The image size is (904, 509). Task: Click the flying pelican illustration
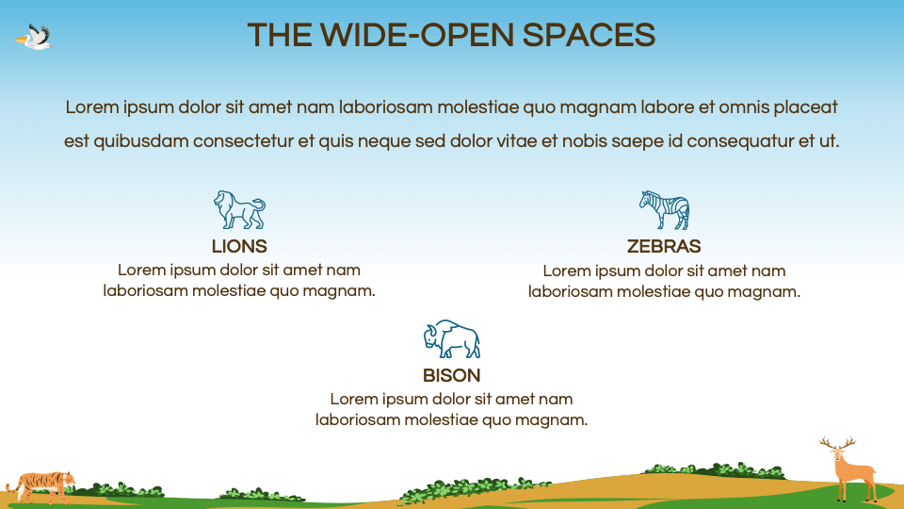pyautogui.click(x=35, y=38)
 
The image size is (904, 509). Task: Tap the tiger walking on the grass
pyautogui.click(x=40, y=484)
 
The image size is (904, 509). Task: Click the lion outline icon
pyautogui.click(x=238, y=210)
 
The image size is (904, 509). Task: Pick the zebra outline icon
pyautogui.click(x=664, y=210)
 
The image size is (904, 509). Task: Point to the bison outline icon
pyautogui.click(x=451, y=339)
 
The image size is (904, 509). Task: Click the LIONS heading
pyautogui.click(x=239, y=247)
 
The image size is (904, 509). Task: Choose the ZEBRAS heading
pyautogui.click(x=664, y=247)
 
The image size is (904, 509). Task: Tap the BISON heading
pyautogui.click(x=451, y=375)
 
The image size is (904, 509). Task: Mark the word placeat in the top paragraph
pyautogui.click(x=805, y=107)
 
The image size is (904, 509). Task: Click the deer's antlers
pyautogui.click(x=837, y=442)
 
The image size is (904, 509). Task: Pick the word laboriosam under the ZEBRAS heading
pyautogui.click(x=572, y=291)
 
